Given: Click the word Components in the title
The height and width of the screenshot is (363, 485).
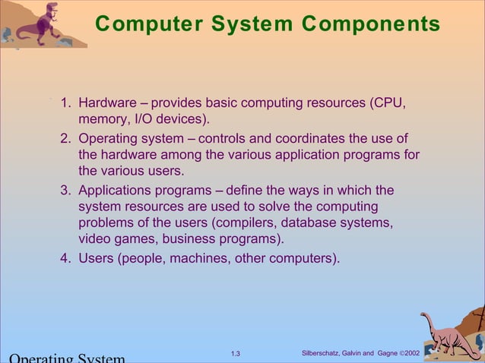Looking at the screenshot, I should click(370, 25).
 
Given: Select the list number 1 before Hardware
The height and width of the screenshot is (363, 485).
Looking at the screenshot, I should click(65, 103).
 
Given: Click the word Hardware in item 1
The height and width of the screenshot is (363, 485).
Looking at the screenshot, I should click(108, 103).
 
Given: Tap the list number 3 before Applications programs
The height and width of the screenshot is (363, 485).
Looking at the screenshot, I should click(65, 190).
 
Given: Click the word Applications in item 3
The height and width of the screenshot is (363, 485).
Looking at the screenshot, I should click(115, 190).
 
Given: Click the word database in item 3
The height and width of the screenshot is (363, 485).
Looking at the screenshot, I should click(310, 223).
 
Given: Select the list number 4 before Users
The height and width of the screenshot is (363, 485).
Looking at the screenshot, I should click(65, 257).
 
